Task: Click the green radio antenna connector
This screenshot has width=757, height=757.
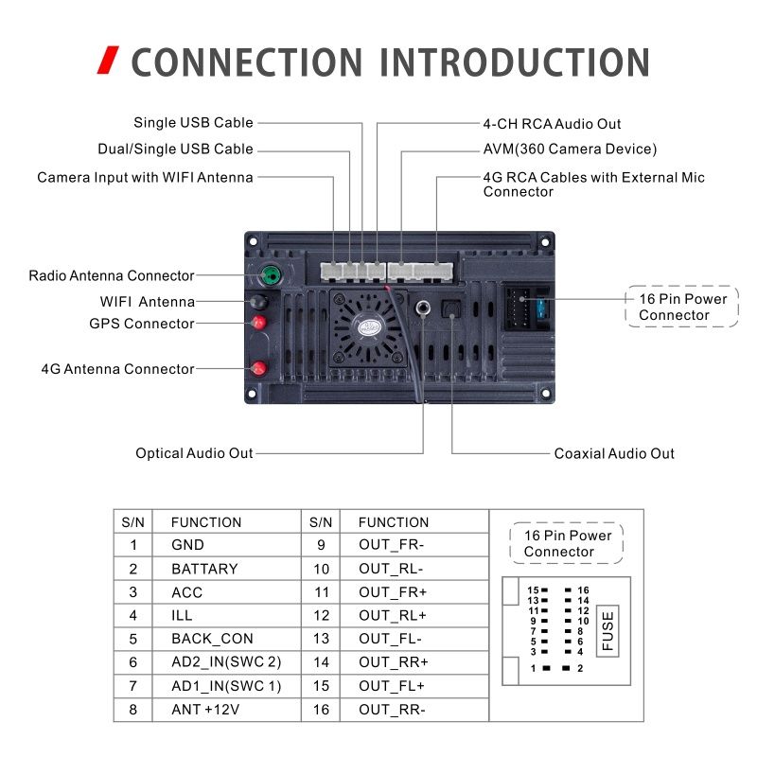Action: (x=271, y=276)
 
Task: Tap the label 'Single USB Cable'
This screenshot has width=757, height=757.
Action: (x=193, y=123)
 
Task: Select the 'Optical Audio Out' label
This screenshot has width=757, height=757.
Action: (x=194, y=453)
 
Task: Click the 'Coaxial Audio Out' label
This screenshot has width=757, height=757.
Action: (x=614, y=453)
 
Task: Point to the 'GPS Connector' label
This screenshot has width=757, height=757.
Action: (x=142, y=324)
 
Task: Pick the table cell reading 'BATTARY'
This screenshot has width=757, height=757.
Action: (x=204, y=569)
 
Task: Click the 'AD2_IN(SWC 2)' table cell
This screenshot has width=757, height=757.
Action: (x=226, y=661)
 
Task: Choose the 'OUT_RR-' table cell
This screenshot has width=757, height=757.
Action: (x=392, y=709)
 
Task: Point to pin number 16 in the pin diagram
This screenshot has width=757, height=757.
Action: (x=583, y=590)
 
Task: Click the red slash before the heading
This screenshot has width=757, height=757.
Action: (x=110, y=62)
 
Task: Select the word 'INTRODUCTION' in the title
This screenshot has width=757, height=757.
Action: (x=515, y=62)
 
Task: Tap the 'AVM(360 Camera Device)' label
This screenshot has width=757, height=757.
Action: (x=570, y=150)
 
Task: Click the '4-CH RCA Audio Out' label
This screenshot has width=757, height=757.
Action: (x=552, y=124)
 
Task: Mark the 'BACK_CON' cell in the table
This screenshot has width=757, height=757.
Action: (x=212, y=639)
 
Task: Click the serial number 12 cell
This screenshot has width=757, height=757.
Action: (x=322, y=615)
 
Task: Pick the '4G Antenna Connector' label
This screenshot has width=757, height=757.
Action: (x=117, y=369)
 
